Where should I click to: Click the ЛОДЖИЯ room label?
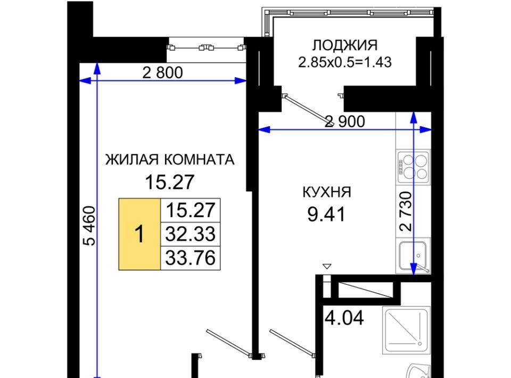pos(345,45)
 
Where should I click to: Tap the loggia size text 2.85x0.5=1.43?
pos(345,62)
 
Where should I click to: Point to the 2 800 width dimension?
pos(163,72)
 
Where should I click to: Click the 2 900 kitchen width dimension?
pos(345,121)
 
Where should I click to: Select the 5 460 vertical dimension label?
pos(89,226)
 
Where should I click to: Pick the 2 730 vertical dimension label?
pos(406,211)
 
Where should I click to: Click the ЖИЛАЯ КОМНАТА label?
pos(170,160)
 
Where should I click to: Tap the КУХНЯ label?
pos(327,192)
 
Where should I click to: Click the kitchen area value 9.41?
pos(326,215)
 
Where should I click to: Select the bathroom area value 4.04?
pos(344,318)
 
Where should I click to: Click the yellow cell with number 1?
pos(139,234)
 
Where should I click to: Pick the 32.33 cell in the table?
pos(191,234)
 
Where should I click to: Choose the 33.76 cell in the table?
pos(191,258)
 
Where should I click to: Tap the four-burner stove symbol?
pos(413,167)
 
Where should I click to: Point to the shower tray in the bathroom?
pos(406,330)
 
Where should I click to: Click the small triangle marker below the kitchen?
pos(327,266)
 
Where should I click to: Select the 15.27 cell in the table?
pos(191,210)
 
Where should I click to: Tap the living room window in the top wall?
pos(205,48)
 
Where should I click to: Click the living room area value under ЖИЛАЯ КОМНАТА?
pos(169,182)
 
